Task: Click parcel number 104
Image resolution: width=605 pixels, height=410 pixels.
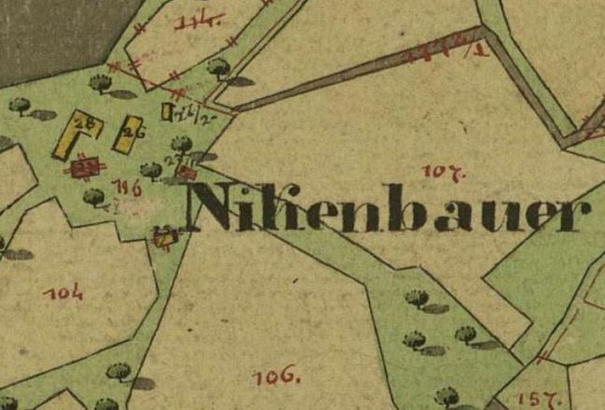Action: pyautogui.click(x=63, y=292)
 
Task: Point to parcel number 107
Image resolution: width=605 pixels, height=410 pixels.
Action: pyautogui.click(x=438, y=172)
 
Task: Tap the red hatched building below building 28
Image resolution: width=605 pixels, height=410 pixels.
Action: pyautogui.click(x=85, y=167)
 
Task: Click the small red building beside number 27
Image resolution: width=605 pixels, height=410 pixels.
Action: pyautogui.click(x=187, y=172)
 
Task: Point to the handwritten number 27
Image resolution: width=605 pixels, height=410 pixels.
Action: pyautogui.click(x=173, y=160)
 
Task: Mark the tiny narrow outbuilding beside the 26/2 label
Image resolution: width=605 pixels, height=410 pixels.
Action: pyautogui.click(x=167, y=112)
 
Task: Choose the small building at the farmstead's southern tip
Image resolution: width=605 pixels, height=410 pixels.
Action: pyautogui.click(x=164, y=238)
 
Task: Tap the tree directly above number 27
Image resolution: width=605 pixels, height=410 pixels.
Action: pyautogui.click(x=183, y=144)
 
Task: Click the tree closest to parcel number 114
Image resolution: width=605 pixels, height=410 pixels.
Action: pyautogui.click(x=218, y=66)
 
